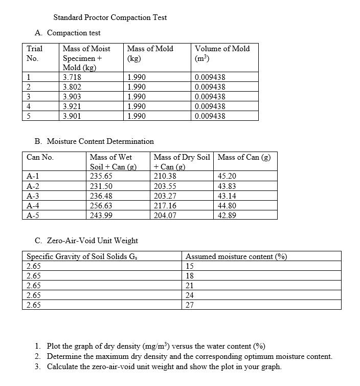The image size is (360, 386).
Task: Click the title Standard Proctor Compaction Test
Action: pyautogui.click(x=110, y=17)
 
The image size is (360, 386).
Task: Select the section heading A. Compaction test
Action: pyautogui.click(x=68, y=33)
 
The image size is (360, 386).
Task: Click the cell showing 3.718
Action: pyautogui.click(x=72, y=77)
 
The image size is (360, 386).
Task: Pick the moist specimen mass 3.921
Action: pyautogui.click(x=72, y=106)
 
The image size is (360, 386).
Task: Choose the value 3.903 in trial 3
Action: pyautogui.click(x=72, y=97)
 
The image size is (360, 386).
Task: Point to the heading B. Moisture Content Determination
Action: pyautogui.click(x=94, y=141)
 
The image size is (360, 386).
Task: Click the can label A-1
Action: pyautogui.click(x=34, y=176)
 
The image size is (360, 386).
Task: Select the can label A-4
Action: pyautogui.click(x=34, y=205)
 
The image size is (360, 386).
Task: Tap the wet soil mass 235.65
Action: pyautogui.click(x=101, y=176)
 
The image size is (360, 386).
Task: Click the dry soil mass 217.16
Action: pyautogui.click(x=165, y=205)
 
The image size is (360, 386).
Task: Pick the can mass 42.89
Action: pyautogui.click(x=227, y=216)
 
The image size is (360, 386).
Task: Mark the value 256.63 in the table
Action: pyautogui.click(x=101, y=205)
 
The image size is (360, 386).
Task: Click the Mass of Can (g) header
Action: pyautogui.click(x=244, y=157)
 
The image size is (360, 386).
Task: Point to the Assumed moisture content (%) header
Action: pyautogui.click(x=236, y=256)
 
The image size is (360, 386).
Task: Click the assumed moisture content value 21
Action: pyautogui.click(x=190, y=286)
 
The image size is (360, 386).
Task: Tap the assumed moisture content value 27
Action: pyautogui.click(x=190, y=305)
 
